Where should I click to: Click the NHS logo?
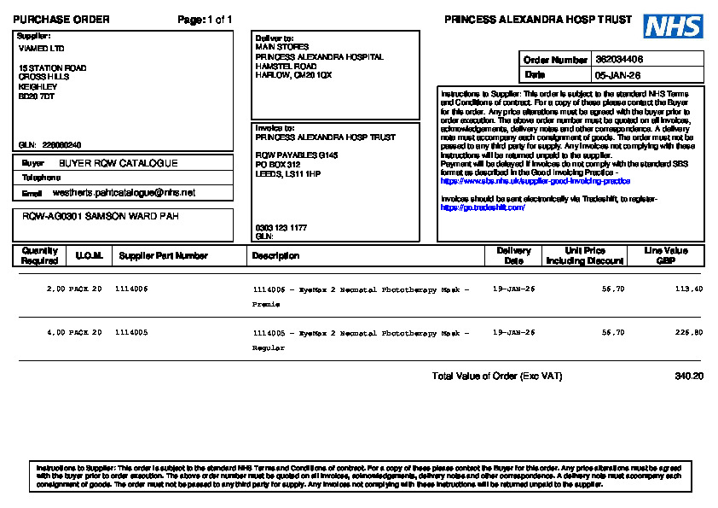[x=673, y=26]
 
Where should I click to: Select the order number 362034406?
[x=619, y=60]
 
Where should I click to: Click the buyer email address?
[x=124, y=193]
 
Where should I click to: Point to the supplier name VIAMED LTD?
[x=41, y=48]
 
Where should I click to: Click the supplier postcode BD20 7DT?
[x=37, y=96]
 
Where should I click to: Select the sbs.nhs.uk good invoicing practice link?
[x=536, y=181]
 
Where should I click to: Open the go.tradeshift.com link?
[x=483, y=207]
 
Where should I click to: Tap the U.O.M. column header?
[x=89, y=255]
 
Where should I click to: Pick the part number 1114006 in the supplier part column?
[x=131, y=289]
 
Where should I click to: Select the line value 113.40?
[x=688, y=289]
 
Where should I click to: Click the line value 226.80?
[x=688, y=332]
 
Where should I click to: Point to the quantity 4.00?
[x=55, y=332]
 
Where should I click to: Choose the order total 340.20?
[x=688, y=376]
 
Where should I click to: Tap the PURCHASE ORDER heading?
[x=61, y=20]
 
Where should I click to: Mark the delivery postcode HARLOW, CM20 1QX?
[x=293, y=75]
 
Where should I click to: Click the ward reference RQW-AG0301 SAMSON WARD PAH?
[x=101, y=217]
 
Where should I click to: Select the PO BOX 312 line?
[x=278, y=164]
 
